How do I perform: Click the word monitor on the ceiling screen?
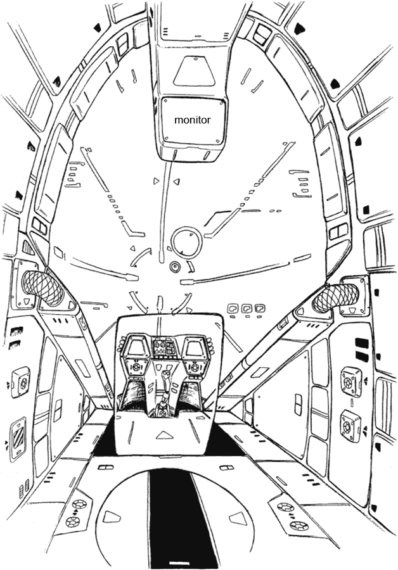coord(192,119)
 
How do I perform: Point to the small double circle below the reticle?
coord(176,266)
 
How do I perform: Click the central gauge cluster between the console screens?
coord(165,346)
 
